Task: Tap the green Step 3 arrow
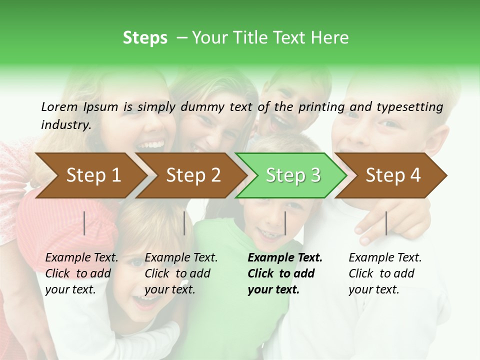pyautogui.click(x=291, y=175)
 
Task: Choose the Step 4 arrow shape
pyautogui.click(x=391, y=175)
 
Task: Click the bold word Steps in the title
pyautogui.click(x=145, y=38)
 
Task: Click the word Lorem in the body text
pyautogui.click(x=59, y=106)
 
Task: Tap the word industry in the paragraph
pyautogui.click(x=65, y=124)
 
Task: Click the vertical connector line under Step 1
pyautogui.click(x=84, y=223)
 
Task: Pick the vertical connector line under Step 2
pyautogui.click(x=184, y=223)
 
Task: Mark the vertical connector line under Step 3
pyautogui.click(x=285, y=223)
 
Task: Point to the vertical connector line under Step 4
pyautogui.click(x=386, y=223)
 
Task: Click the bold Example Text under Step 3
pyautogui.click(x=285, y=258)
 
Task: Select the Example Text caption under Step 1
pyautogui.click(x=82, y=258)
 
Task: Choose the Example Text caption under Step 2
pyautogui.click(x=181, y=258)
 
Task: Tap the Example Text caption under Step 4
pyautogui.click(x=385, y=258)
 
